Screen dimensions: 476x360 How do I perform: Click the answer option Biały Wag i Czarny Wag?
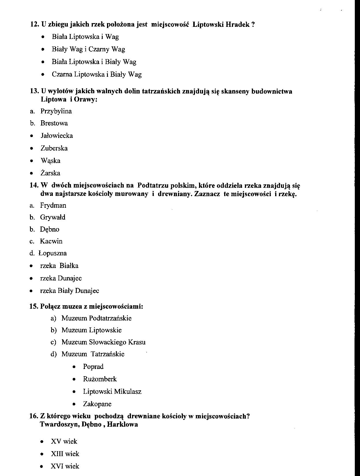(88, 49)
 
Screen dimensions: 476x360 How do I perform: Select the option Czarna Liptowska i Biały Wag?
(97, 74)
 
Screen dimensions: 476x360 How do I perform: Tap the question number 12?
(35, 25)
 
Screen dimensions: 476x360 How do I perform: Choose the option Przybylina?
(56, 111)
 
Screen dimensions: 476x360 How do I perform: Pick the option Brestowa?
(54, 123)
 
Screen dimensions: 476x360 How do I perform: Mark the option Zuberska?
(54, 148)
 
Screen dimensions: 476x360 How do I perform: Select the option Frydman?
(53, 205)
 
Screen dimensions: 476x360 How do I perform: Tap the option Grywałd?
(52, 217)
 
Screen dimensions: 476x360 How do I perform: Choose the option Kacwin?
(51, 241)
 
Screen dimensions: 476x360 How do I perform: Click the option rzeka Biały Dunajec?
(69, 291)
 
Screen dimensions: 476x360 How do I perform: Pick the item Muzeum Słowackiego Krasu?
(103, 342)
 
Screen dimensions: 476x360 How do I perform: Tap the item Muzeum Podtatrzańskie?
(96, 318)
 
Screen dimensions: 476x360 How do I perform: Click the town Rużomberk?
(100, 379)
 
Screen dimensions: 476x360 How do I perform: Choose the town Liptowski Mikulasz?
(112, 391)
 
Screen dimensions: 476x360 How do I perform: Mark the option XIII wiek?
(65, 454)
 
